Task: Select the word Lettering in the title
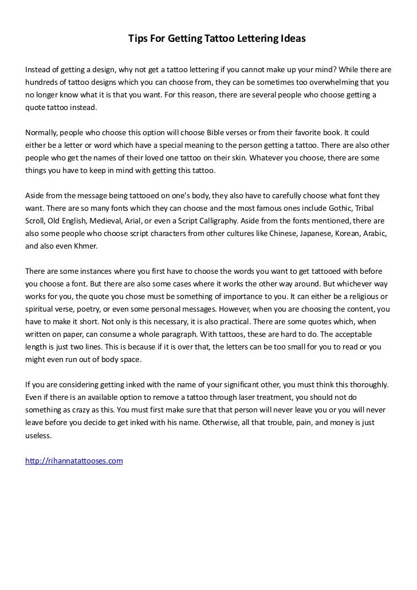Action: (x=257, y=39)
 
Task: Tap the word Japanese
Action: (x=301, y=233)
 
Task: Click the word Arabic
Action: (x=375, y=233)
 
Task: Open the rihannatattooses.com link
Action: (x=74, y=461)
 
